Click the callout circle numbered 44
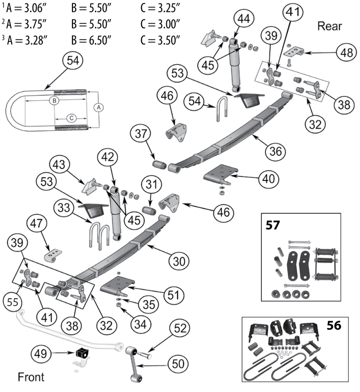click(x=243, y=19)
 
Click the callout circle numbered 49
click(x=42, y=353)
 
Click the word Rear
click(x=330, y=25)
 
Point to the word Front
click(x=31, y=378)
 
